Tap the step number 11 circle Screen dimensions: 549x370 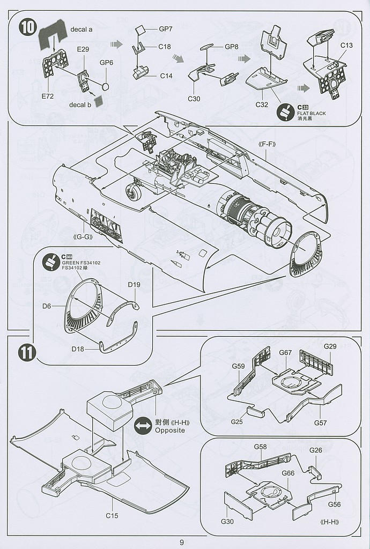(27, 353)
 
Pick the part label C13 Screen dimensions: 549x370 (346, 46)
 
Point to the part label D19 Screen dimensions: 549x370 (134, 285)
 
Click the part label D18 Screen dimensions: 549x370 (78, 348)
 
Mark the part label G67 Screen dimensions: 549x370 (285, 352)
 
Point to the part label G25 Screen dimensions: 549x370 (237, 422)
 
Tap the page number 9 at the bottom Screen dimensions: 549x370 (182, 542)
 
